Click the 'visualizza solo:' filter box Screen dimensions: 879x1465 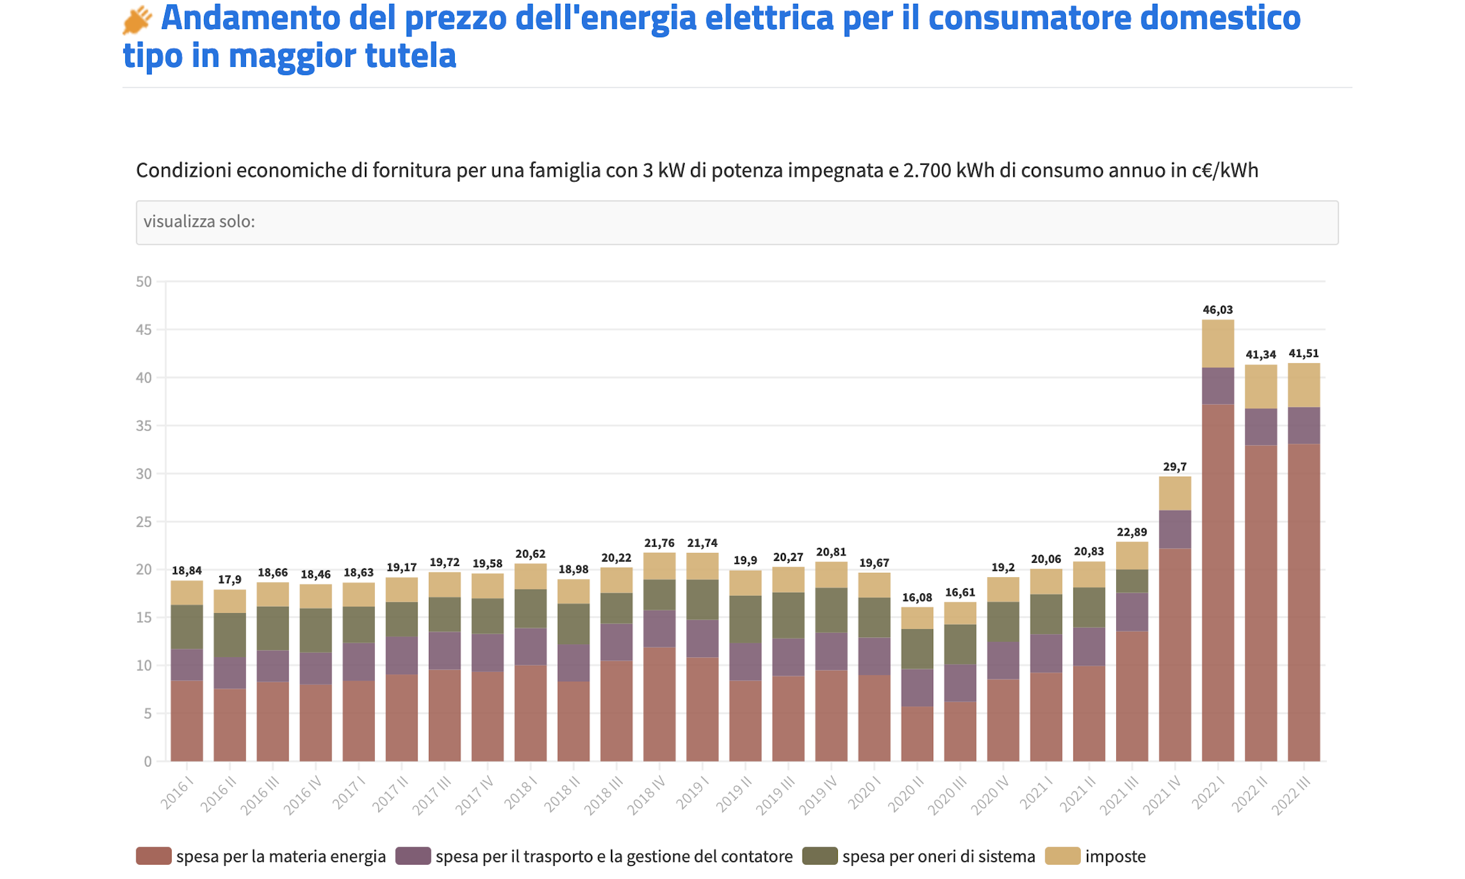tap(736, 223)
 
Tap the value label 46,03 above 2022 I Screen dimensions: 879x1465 tap(1217, 309)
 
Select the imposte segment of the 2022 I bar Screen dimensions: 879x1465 tap(1217, 343)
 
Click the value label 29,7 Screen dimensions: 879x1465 tap(1174, 467)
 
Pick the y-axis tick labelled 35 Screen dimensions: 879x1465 tap(144, 426)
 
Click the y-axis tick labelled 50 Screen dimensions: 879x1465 tap(144, 282)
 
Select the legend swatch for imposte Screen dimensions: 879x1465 tap(1062, 856)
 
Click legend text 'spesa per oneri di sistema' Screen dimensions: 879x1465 tap(938, 856)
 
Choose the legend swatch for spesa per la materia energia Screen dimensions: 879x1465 tap(154, 856)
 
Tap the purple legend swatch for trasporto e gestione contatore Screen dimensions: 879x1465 tap(413, 856)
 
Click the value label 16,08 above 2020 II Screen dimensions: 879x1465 tap(917, 598)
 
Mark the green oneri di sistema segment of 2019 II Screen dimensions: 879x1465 tap(745, 619)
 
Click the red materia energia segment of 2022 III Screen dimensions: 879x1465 tap(1303, 601)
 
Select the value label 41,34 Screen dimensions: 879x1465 tap(1260, 355)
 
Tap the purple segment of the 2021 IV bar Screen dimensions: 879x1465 tap(1174, 529)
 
